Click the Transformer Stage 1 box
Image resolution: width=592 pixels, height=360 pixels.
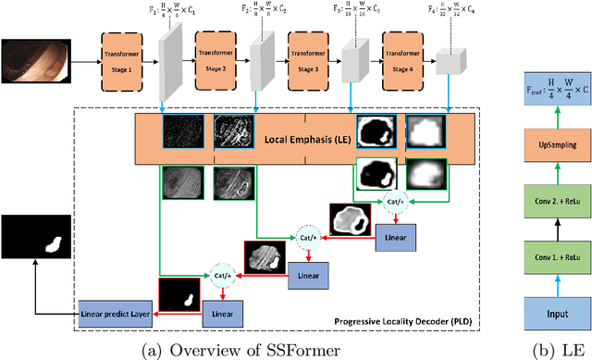coord(126,57)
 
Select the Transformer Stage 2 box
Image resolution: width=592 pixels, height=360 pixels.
coord(218,57)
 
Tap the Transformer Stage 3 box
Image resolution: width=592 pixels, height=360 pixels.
coord(311,57)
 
